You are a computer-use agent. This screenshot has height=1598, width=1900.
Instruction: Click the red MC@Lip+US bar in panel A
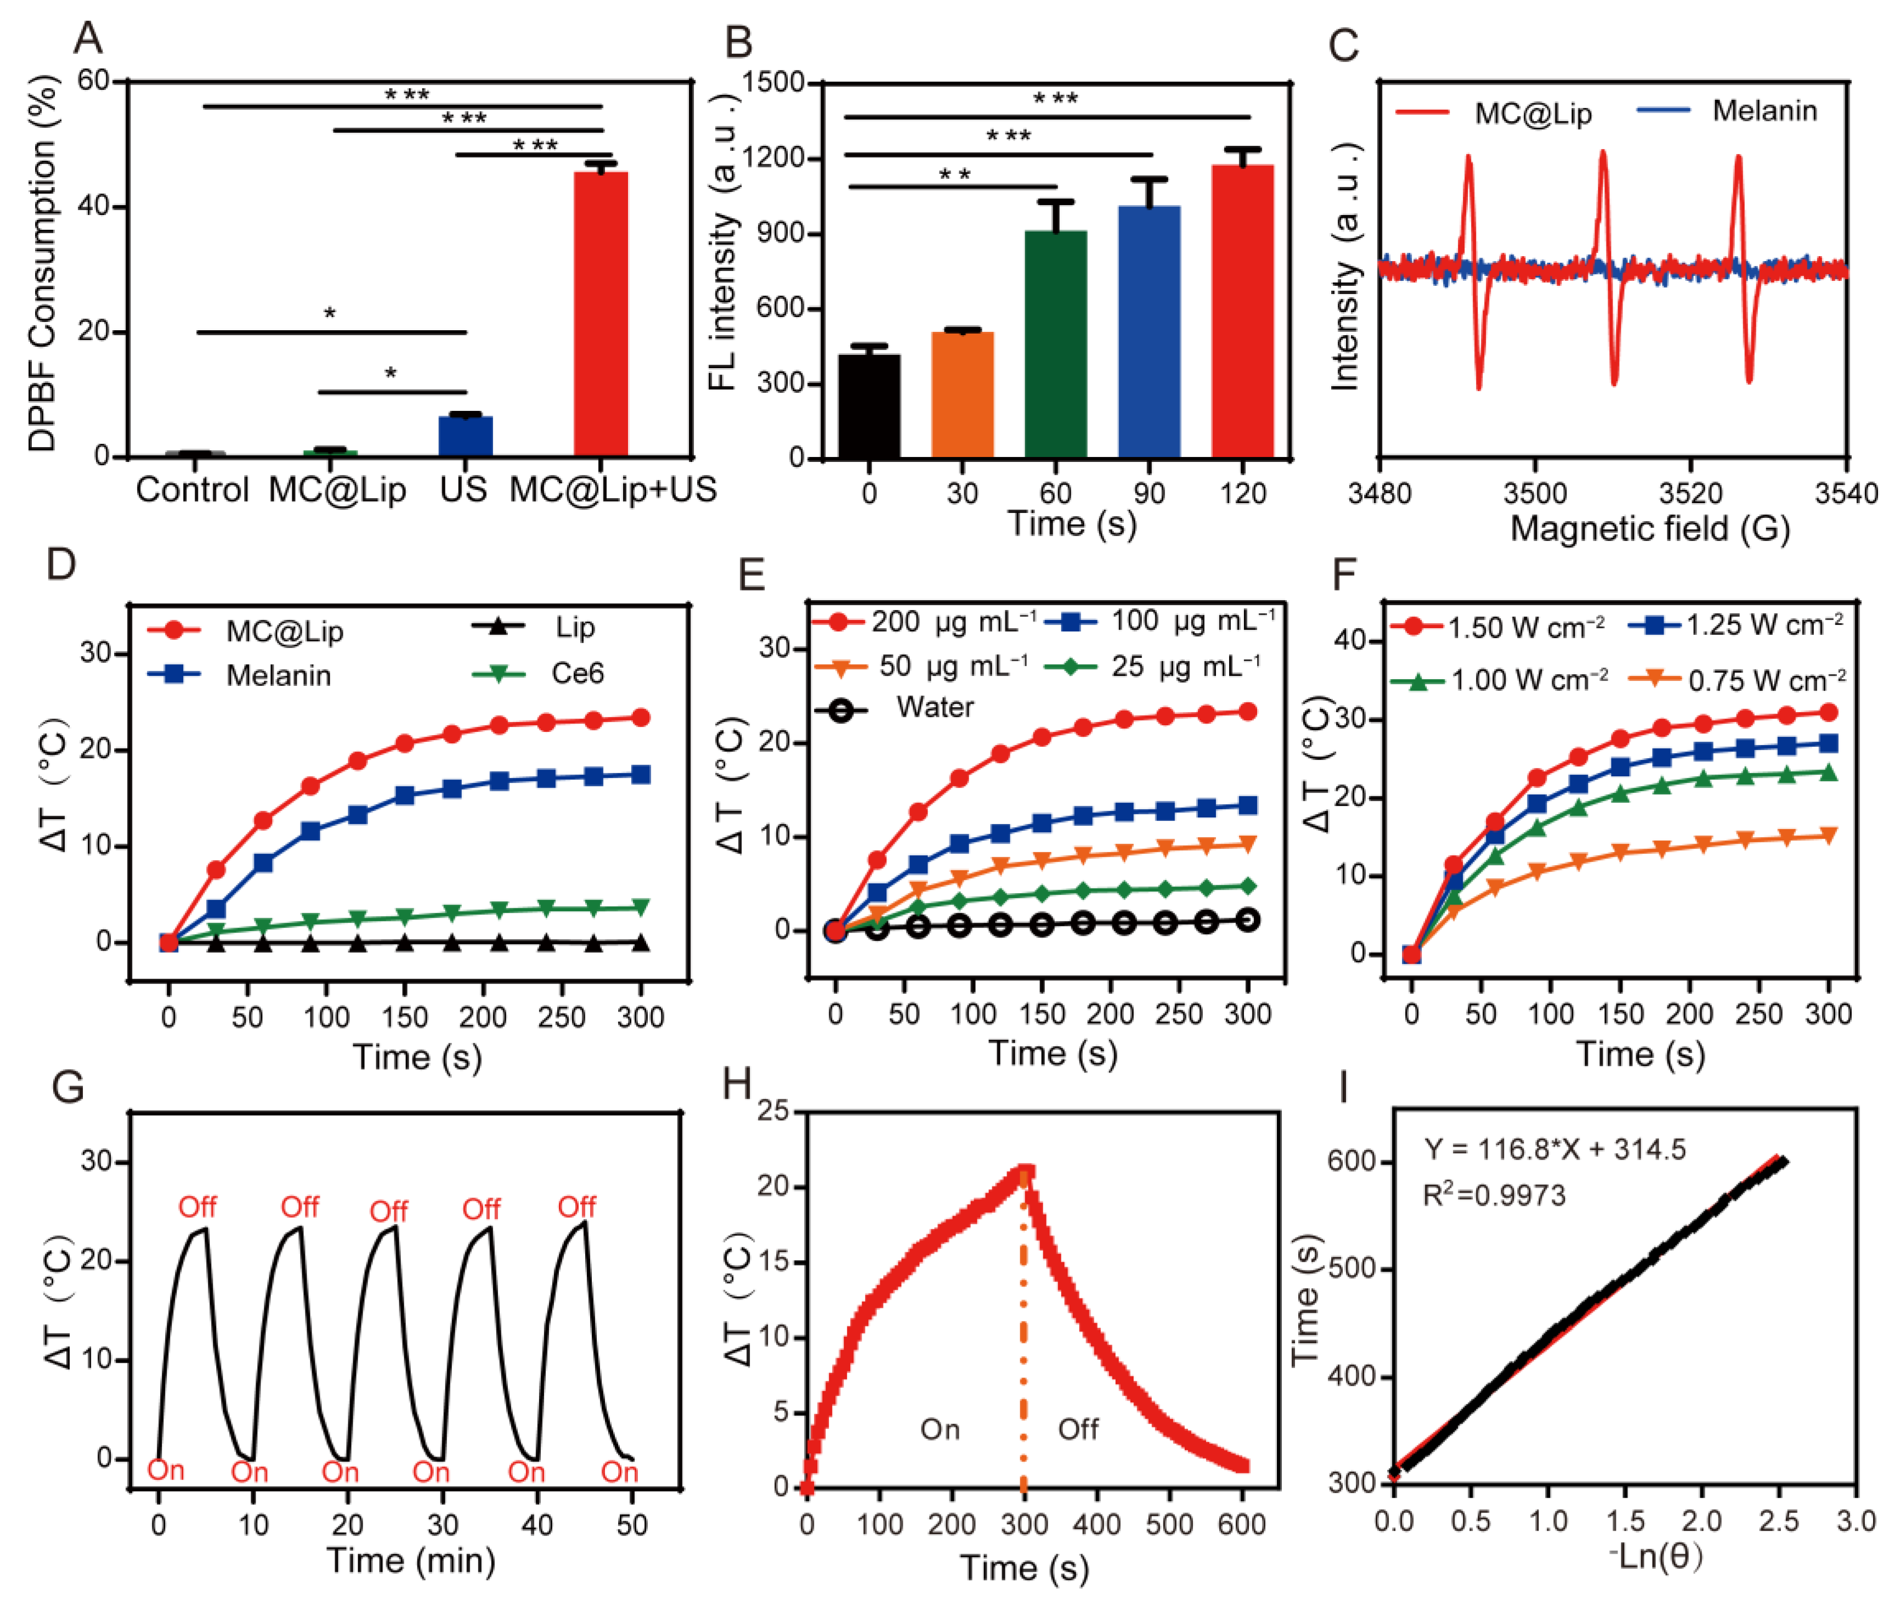click(601, 313)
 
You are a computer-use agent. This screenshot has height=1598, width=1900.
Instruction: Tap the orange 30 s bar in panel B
click(963, 395)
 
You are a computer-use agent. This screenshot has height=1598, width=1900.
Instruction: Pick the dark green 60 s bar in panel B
click(1056, 345)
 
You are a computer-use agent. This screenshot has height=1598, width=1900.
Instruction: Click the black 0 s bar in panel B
click(869, 406)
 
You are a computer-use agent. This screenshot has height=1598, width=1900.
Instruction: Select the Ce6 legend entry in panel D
click(538, 673)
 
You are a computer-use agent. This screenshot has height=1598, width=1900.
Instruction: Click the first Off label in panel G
click(197, 1207)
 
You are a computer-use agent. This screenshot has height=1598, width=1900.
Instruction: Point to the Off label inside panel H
click(1078, 1430)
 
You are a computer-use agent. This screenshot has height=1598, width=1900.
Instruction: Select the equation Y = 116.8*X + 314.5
click(1554, 1150)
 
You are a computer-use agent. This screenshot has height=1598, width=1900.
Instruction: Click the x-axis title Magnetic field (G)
click(1649, 529)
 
